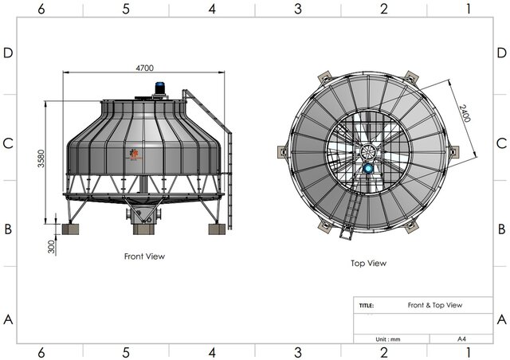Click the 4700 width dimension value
[144, 68]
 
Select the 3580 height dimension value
[41, 158]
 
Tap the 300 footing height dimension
[51, 247]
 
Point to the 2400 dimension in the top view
[465, 113]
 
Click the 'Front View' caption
[144, 256]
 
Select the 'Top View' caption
[368, 263]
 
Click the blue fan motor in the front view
[159, 88]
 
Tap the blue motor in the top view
[368, 169]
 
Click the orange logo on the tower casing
[134, 155]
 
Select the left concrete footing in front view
[70, 229]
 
